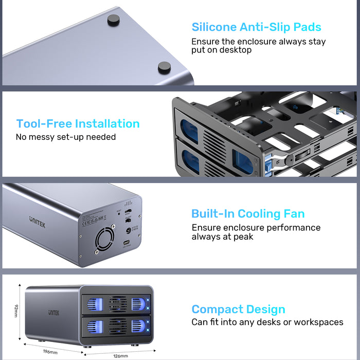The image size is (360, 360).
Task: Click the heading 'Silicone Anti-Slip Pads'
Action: pos(257,27)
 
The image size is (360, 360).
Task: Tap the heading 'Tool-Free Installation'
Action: pos(78,123)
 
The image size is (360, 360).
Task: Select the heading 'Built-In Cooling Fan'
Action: pos(248,214)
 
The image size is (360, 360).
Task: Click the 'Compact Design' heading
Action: pos(238,310)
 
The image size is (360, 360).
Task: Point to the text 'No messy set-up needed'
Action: pos(66,137)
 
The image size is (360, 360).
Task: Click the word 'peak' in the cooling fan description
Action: pos(242,237)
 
